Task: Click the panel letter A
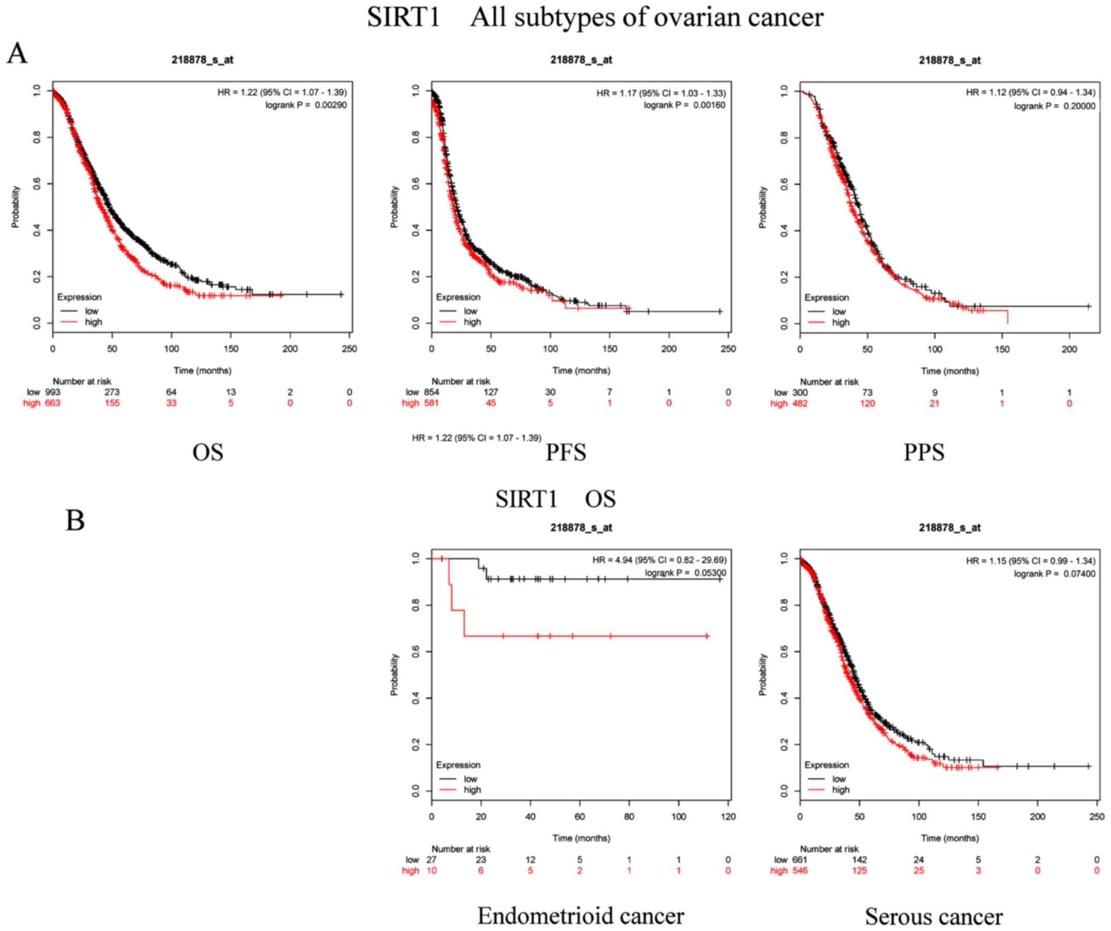(x=17, y=54)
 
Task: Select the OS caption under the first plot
(x=207, y=453)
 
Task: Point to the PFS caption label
(x=565, y=453)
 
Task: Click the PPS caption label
(x=924, y=453)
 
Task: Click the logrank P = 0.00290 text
(x=306, y=105)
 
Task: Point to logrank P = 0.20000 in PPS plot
(x=1054, y=106)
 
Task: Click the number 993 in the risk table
(x=52, y=393)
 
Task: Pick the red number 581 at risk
(x=431, y=404)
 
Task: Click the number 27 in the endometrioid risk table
(x=431, y=860)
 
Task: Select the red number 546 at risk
(x=799, y=871)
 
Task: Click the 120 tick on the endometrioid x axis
(x=728, y=817)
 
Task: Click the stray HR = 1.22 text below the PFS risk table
(x=476, y=438)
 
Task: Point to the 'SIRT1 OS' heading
(x=555, y=500)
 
